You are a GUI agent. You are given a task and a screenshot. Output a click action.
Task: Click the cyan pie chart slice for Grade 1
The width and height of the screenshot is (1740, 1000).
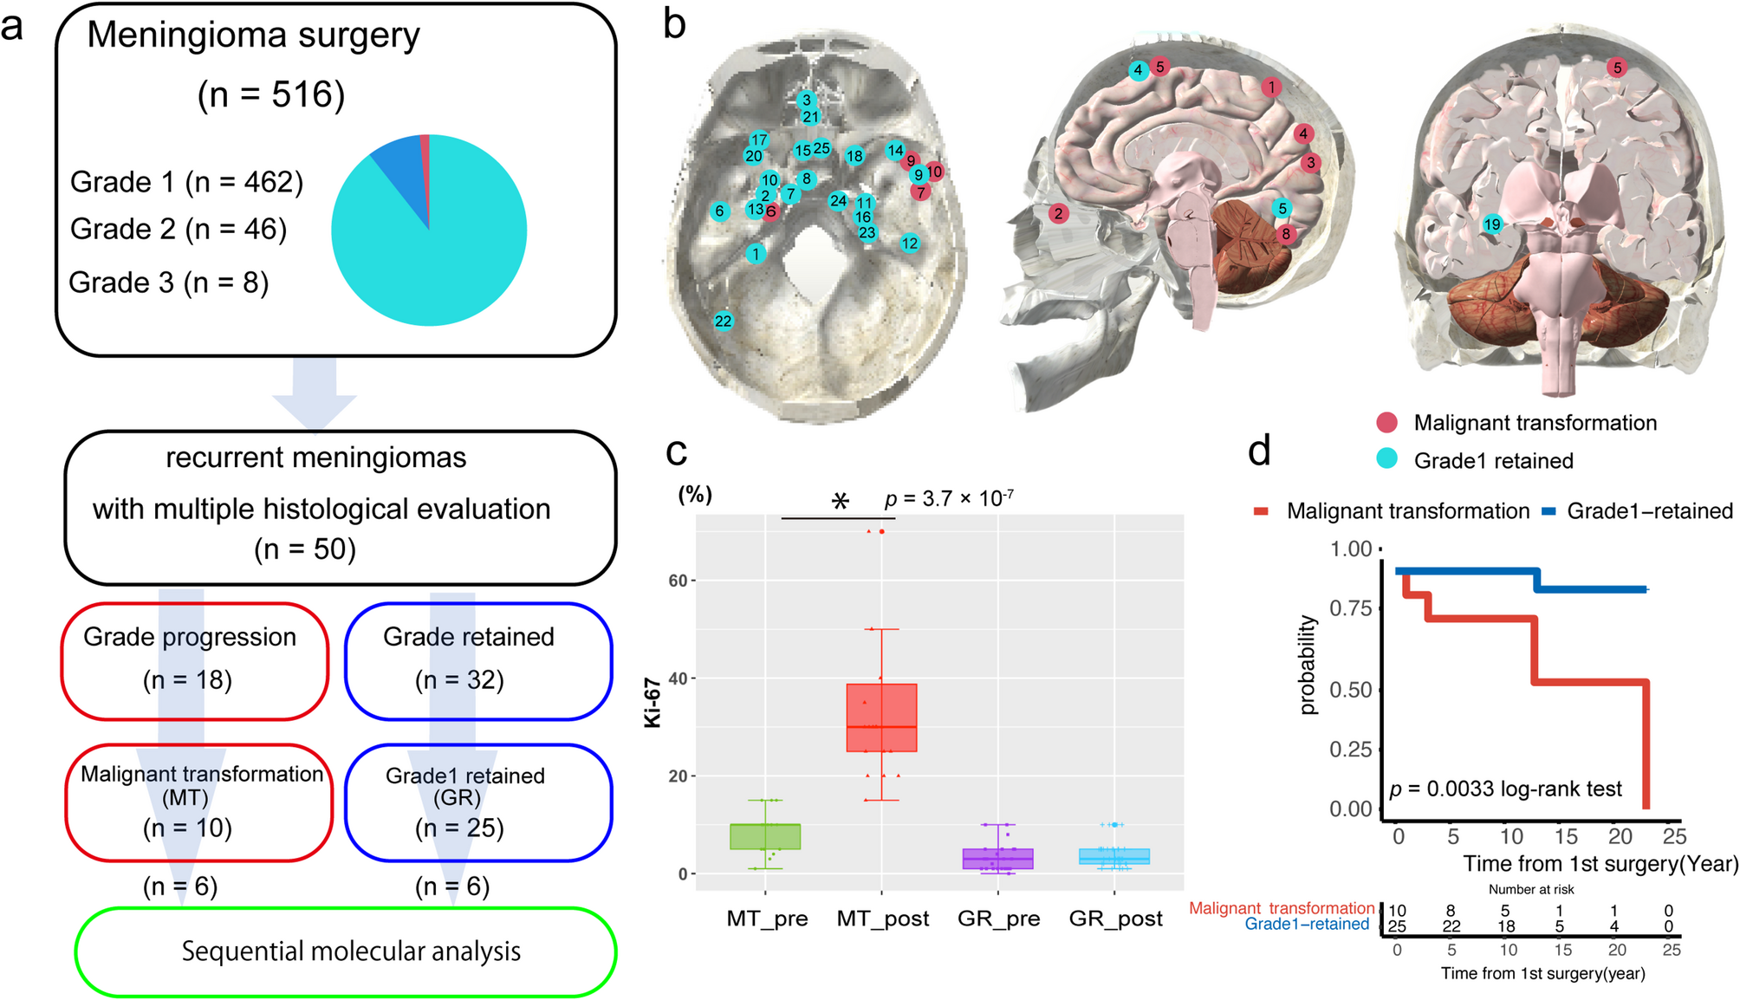click(x=433, y=260)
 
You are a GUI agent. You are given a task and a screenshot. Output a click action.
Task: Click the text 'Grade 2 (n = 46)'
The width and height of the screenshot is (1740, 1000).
click(x=179, y=229)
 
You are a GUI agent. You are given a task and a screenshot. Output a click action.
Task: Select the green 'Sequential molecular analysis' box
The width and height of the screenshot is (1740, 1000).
click(x=347, y=951)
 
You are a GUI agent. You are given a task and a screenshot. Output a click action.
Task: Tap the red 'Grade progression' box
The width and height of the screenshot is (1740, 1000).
click(x=194, y=660)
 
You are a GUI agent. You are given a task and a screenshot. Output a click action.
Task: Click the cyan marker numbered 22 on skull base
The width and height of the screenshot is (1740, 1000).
click(x=723, y=321)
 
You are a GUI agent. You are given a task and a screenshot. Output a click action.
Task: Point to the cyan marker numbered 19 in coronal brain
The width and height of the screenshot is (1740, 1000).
click(x=1491, y=224)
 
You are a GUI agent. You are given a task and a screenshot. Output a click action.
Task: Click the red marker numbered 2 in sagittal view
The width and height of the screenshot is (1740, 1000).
click(x=1057, y=213)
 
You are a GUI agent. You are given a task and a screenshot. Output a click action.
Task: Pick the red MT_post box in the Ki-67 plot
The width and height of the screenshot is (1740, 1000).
click(x=881, y=718)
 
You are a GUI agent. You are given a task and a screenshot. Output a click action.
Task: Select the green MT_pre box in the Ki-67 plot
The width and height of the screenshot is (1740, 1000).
click(x=765, y=836)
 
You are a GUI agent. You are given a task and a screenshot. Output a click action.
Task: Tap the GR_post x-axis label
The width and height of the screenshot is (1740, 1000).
click(x=1115, y=919)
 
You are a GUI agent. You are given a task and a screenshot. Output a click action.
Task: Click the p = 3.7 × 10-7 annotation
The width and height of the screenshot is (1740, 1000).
click(x=949, y=499)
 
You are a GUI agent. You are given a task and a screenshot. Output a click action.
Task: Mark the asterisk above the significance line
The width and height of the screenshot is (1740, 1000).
click(x=840, y=501)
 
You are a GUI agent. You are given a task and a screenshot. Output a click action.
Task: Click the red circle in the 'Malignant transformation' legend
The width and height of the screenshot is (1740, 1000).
click(x=1386, y=423)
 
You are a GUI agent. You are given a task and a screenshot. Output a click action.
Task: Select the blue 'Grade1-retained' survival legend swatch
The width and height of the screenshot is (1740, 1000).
click(x=1549, y=512)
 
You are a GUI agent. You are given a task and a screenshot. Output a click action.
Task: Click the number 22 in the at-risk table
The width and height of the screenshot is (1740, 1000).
click(x=1451, y=926)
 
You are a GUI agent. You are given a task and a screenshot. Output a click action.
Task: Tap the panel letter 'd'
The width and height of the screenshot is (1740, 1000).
click(x=1259, y=451)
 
